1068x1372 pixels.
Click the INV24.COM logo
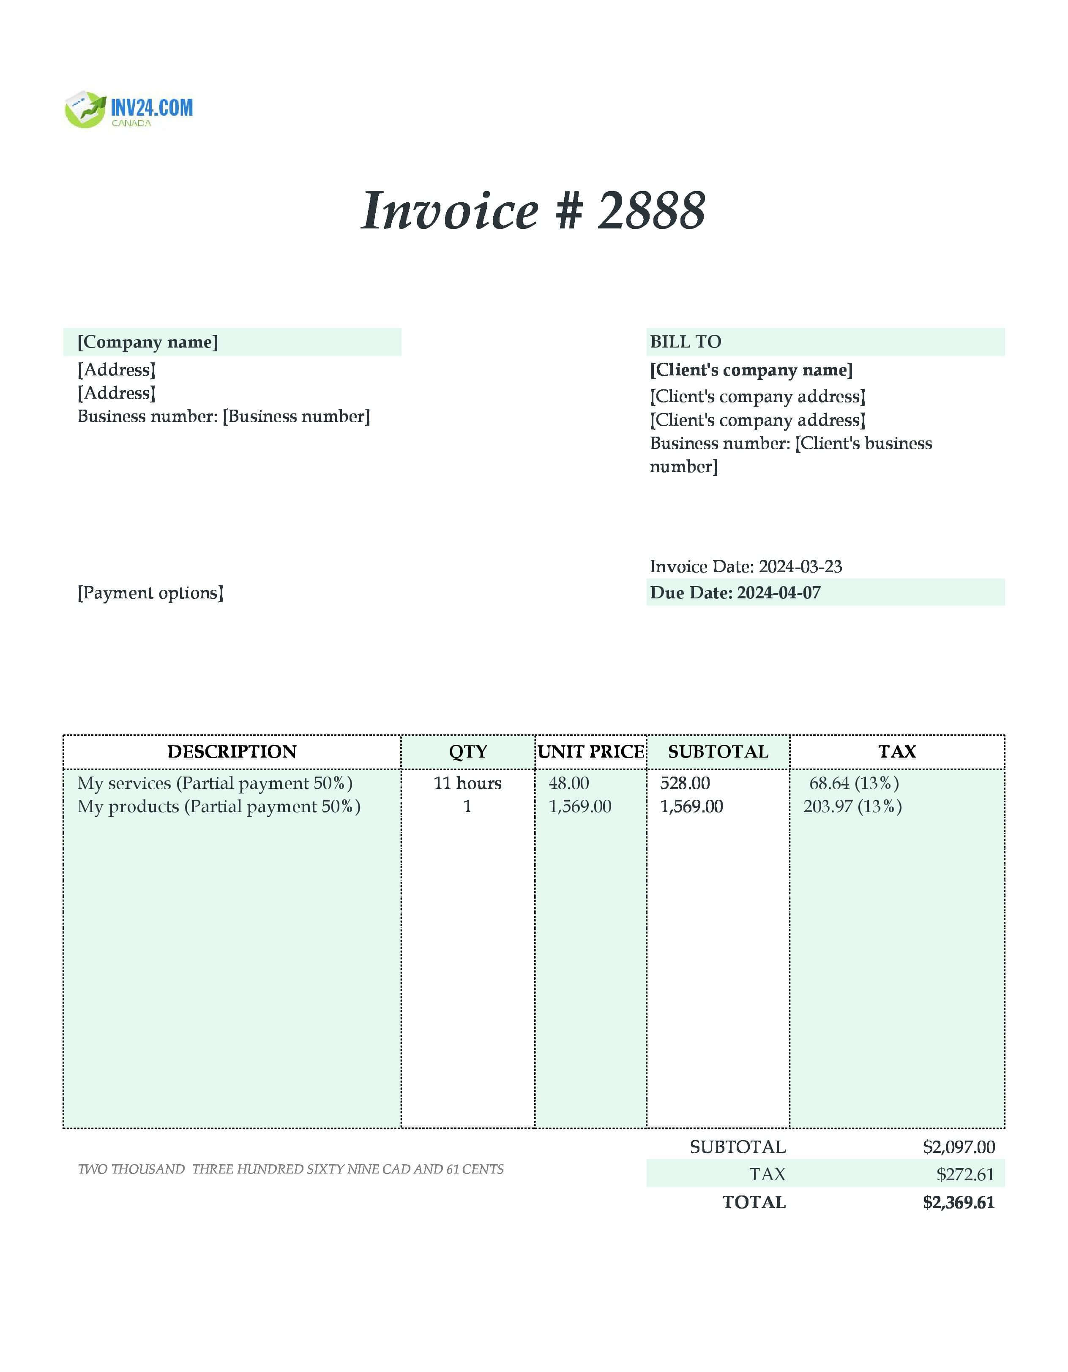click(129, 110)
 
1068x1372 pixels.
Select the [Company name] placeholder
click(148, 342)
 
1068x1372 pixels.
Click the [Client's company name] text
click(751, 370)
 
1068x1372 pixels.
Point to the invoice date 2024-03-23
click(800, 567)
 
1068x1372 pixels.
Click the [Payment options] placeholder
click(150, 593)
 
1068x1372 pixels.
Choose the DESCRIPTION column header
click(232, 752)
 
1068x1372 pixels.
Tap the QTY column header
click(468, 752)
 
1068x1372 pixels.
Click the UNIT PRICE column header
click(591, 752)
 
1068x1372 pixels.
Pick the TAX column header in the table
click(897, 752)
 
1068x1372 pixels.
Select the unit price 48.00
click(569, 783)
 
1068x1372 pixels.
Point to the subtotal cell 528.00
click(685, 783)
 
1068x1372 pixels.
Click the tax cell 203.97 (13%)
click(852, 807)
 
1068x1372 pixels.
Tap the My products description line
click(219, 807)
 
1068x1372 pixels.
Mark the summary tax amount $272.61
click(965, 1175)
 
